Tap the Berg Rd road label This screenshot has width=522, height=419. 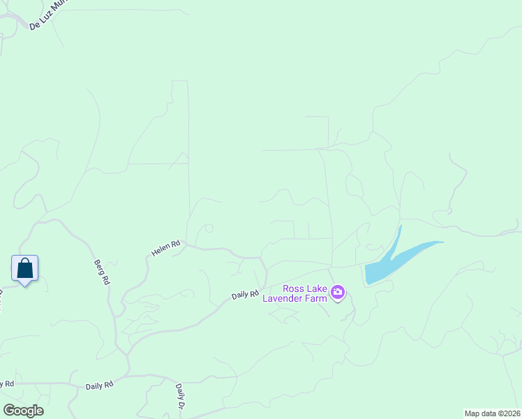point(102,272)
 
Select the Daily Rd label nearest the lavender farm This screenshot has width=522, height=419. point(245,295)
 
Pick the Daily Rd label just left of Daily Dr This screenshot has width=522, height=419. point(100,385)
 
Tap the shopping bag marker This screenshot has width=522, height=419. point(24,268)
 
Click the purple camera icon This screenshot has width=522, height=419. point(338,293)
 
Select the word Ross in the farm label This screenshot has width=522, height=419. point(294,288)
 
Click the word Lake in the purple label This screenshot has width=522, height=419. point(317,288)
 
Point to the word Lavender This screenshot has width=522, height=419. point(286,298)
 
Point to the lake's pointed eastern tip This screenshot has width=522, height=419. point(441,242)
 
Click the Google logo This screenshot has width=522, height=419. point(23,411)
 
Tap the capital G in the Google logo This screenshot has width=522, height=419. point(8,411)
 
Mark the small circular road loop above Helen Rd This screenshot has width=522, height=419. point(209,228)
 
